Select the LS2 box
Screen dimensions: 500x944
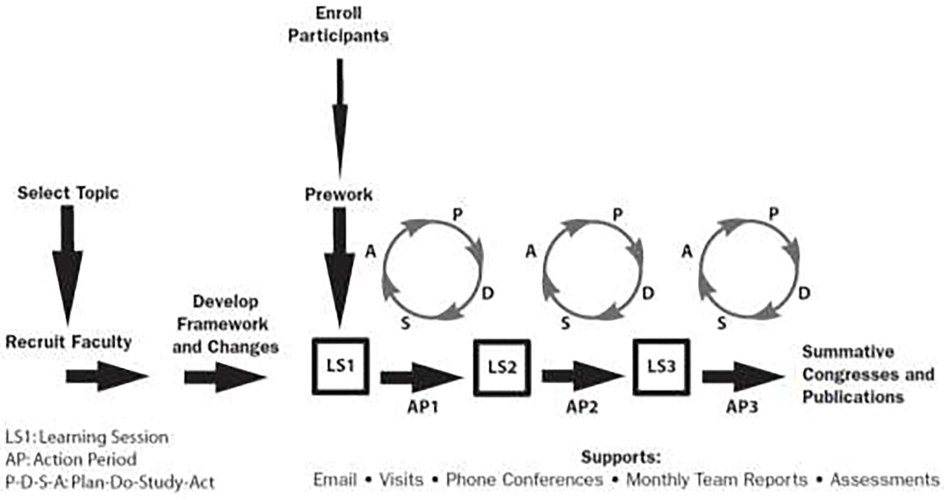tap(501, 367)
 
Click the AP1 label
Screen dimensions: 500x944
tap(423, 407)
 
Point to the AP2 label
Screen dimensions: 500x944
tap(582, 407)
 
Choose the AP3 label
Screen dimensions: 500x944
tap(742, 407)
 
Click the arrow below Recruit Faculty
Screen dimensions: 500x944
tap(106, 377)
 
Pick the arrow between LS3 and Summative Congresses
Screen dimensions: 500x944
tap(743, 377)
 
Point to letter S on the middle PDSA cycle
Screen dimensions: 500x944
tap(565, 324)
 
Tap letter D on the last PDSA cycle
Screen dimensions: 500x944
tap(804, 293)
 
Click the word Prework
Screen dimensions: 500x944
tap(339, 195)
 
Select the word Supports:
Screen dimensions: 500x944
tap(620, 457)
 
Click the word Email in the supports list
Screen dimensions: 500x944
tap(334, 480)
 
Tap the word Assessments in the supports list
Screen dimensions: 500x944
tap(884, 480)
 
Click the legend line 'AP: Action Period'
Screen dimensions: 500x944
tap(71, 460)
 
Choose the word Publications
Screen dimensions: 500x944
tap(852, 397)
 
